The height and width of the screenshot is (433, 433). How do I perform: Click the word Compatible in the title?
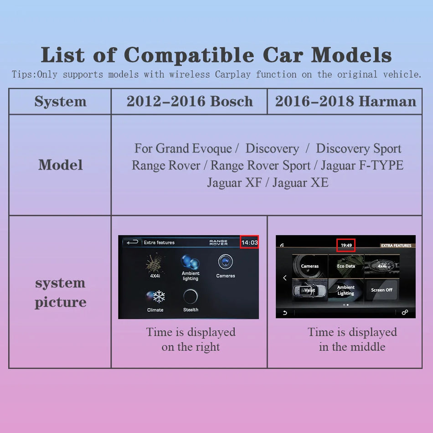pos(189,56)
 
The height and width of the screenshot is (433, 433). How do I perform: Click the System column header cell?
pos(60,102)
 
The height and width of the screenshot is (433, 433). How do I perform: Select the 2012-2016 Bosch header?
pos(190,102)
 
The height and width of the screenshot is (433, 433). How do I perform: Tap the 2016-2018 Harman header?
pos(345,102)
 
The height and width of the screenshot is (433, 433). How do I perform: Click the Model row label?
pos(60,165)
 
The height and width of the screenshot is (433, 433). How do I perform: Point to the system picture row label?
pos(60,292)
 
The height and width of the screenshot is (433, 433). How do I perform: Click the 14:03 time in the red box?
pos(249,242)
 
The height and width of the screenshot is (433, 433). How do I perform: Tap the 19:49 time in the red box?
pos(346,245)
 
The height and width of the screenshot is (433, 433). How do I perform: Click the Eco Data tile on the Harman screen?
pos(346,266)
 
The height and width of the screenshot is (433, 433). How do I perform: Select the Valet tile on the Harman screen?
pos(309,290)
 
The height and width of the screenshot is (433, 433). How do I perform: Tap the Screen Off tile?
pos(381,290)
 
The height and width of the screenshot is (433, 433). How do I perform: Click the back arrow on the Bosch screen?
pos(132,242)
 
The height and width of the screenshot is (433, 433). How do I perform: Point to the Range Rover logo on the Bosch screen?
pos(218,242)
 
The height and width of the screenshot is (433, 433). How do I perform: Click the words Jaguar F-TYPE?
pos(362,165)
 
